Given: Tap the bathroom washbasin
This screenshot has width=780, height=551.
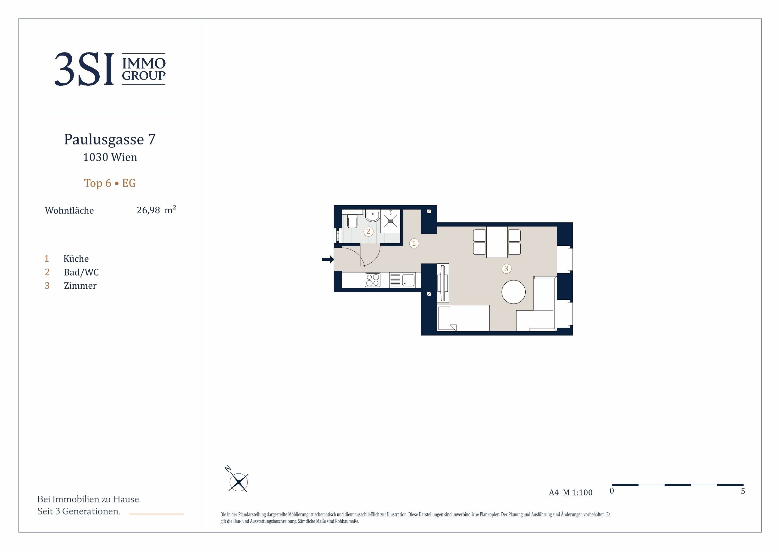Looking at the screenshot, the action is (x=373, y=216).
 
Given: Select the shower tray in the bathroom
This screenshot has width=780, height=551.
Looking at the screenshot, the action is (x=391, y=221).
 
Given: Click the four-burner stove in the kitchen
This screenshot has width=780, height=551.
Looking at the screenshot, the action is (x=373, y=280).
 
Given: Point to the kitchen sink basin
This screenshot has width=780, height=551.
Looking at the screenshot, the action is (x=408, y=280).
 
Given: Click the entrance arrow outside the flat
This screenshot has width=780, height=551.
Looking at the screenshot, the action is (x=328, y=260).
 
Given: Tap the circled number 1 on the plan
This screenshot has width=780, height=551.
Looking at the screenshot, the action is (x=414, y=243).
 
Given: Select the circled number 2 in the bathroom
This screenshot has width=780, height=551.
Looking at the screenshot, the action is (x=368, y=232).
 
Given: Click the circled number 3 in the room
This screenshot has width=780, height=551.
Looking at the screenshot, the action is (x=506, y=269).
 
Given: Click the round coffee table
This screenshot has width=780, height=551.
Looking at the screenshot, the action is (x=514, y=292).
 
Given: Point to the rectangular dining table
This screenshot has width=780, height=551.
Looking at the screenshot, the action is (x=497, y=242).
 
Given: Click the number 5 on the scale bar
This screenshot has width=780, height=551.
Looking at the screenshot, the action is (x=743, y=491).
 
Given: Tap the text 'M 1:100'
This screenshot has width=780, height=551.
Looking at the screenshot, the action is (x=578, y=493).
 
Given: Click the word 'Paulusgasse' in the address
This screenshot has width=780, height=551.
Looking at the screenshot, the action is (x=104, y=139).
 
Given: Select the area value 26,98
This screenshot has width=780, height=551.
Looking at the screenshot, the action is (x=148, y=210).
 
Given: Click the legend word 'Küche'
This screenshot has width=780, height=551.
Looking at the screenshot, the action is (x=76, y=259).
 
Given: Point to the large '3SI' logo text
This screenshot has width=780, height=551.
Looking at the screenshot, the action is (x=84, y=69).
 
